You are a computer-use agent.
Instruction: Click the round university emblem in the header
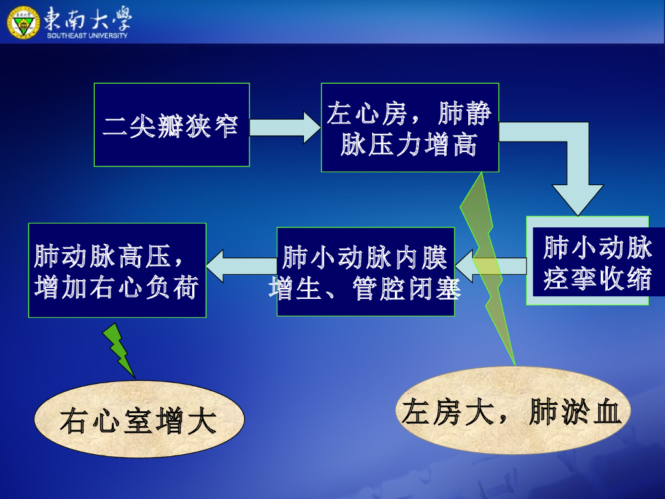point(23,21)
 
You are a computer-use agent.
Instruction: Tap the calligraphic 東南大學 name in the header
point(88,18)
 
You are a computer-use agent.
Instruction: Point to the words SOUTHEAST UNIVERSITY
point(87,35)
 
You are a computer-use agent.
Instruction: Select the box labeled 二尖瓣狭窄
point(171,124)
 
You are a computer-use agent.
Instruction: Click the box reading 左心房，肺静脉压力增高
point(410,127)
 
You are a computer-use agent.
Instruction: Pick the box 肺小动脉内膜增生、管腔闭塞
point(366,272)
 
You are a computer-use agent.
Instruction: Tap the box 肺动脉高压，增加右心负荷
point(117,270)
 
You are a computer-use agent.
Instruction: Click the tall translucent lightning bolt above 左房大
point(487,260)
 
